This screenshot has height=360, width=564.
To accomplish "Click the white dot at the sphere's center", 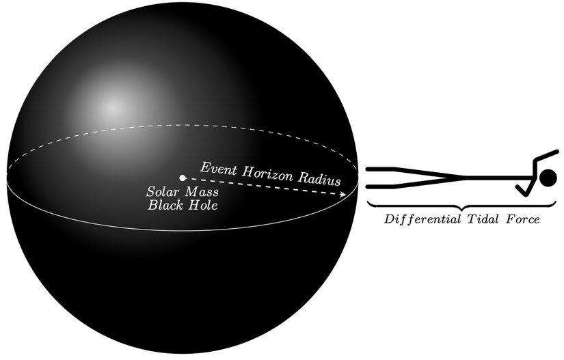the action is (183, 178).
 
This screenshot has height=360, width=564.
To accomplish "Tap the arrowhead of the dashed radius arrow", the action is (343, 195).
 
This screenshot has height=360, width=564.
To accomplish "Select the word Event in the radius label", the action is (218, 169).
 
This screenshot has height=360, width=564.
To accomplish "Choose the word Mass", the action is (202, 192).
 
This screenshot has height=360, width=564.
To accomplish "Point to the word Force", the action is (523, 219).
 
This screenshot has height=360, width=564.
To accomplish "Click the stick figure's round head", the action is (548, 178).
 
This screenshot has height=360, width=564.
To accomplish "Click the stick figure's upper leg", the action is (416, 171).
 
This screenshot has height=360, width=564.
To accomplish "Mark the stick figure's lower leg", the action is (416, 182).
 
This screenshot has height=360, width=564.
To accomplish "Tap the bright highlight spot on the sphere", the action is (112, 107).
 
